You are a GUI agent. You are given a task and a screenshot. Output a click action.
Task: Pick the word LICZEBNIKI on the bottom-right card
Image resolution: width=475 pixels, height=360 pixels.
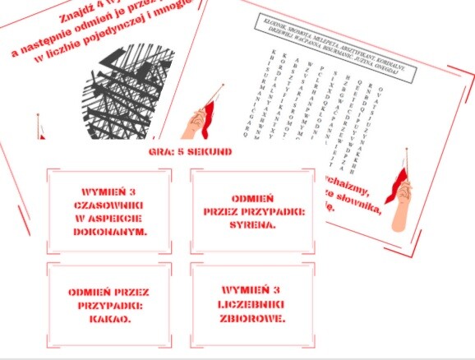click(x=252, y=304)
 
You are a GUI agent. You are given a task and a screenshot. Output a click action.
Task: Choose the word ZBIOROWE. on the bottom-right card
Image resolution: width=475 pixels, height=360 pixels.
click(x=252, y=319)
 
